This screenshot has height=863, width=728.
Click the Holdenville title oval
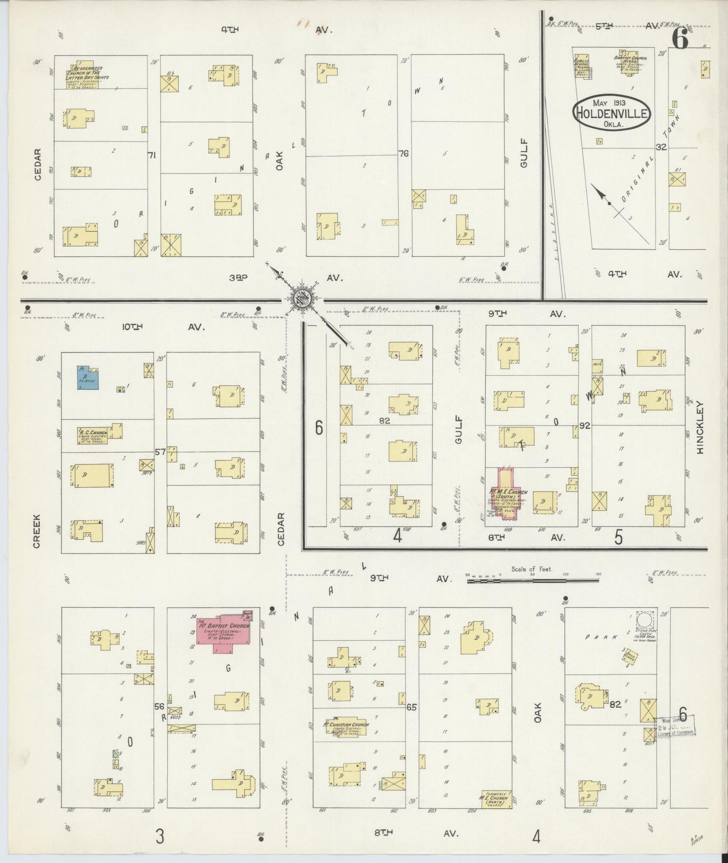(611, 112)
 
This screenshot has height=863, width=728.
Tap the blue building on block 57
(88, 378)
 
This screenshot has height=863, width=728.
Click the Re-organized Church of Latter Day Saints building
(84, 75)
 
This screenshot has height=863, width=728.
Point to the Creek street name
(37, 531)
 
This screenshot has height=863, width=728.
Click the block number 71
(151, 156)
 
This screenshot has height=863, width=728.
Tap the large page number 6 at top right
(680, 39)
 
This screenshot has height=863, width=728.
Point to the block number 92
(584, 425)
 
